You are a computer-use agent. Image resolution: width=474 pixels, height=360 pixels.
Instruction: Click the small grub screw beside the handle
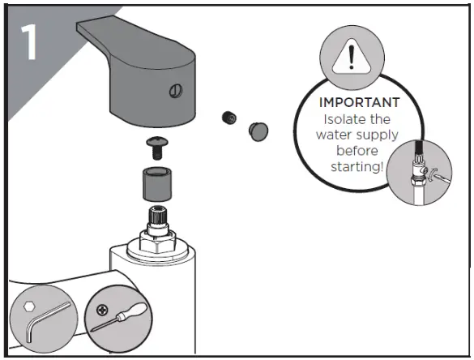(228, 118)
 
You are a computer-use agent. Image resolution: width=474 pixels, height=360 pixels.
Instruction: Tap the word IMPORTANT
(359, 103)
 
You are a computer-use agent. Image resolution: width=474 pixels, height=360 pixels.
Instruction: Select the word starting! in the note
(359, 166)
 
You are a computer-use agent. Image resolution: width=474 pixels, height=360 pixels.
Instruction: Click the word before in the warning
(358, 151)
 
